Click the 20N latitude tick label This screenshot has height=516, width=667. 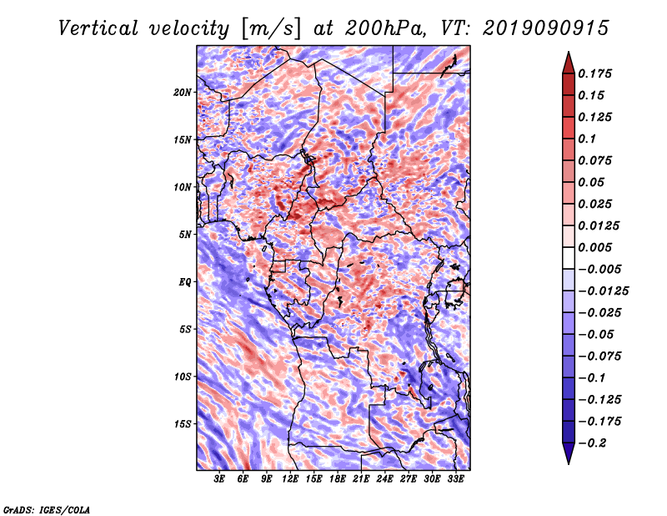183,93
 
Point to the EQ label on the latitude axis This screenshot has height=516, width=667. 184,282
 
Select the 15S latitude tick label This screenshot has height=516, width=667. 183,424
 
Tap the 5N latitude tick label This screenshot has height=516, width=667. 185,235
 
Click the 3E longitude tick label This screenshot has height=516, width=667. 219,479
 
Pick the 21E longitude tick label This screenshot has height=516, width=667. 361,479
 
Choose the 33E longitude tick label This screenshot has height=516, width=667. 455,479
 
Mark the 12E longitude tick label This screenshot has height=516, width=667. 290,479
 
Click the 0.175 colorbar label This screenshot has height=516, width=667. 594,73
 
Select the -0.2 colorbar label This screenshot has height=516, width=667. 592,443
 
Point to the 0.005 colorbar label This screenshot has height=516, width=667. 594,247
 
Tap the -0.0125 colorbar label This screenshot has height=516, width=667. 603,291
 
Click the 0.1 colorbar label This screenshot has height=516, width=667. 587,139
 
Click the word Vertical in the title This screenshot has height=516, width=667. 98,28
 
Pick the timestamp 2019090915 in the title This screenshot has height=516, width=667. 546,28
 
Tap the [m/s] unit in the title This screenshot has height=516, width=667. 271,28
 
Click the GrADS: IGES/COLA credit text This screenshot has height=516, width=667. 47,509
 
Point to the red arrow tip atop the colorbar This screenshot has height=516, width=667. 569,53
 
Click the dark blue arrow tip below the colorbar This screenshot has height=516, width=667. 569,463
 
